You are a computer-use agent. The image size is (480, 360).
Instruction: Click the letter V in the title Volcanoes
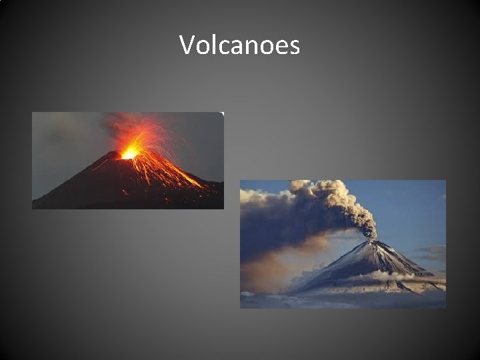[187, 45]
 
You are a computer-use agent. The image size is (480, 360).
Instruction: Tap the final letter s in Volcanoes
[294, 47]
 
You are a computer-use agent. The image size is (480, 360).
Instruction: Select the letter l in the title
[212, 45]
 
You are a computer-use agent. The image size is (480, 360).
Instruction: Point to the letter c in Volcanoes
[222, 47]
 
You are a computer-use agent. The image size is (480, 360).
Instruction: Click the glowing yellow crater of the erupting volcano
[129, 153]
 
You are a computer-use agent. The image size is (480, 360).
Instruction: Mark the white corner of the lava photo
[222, 114]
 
